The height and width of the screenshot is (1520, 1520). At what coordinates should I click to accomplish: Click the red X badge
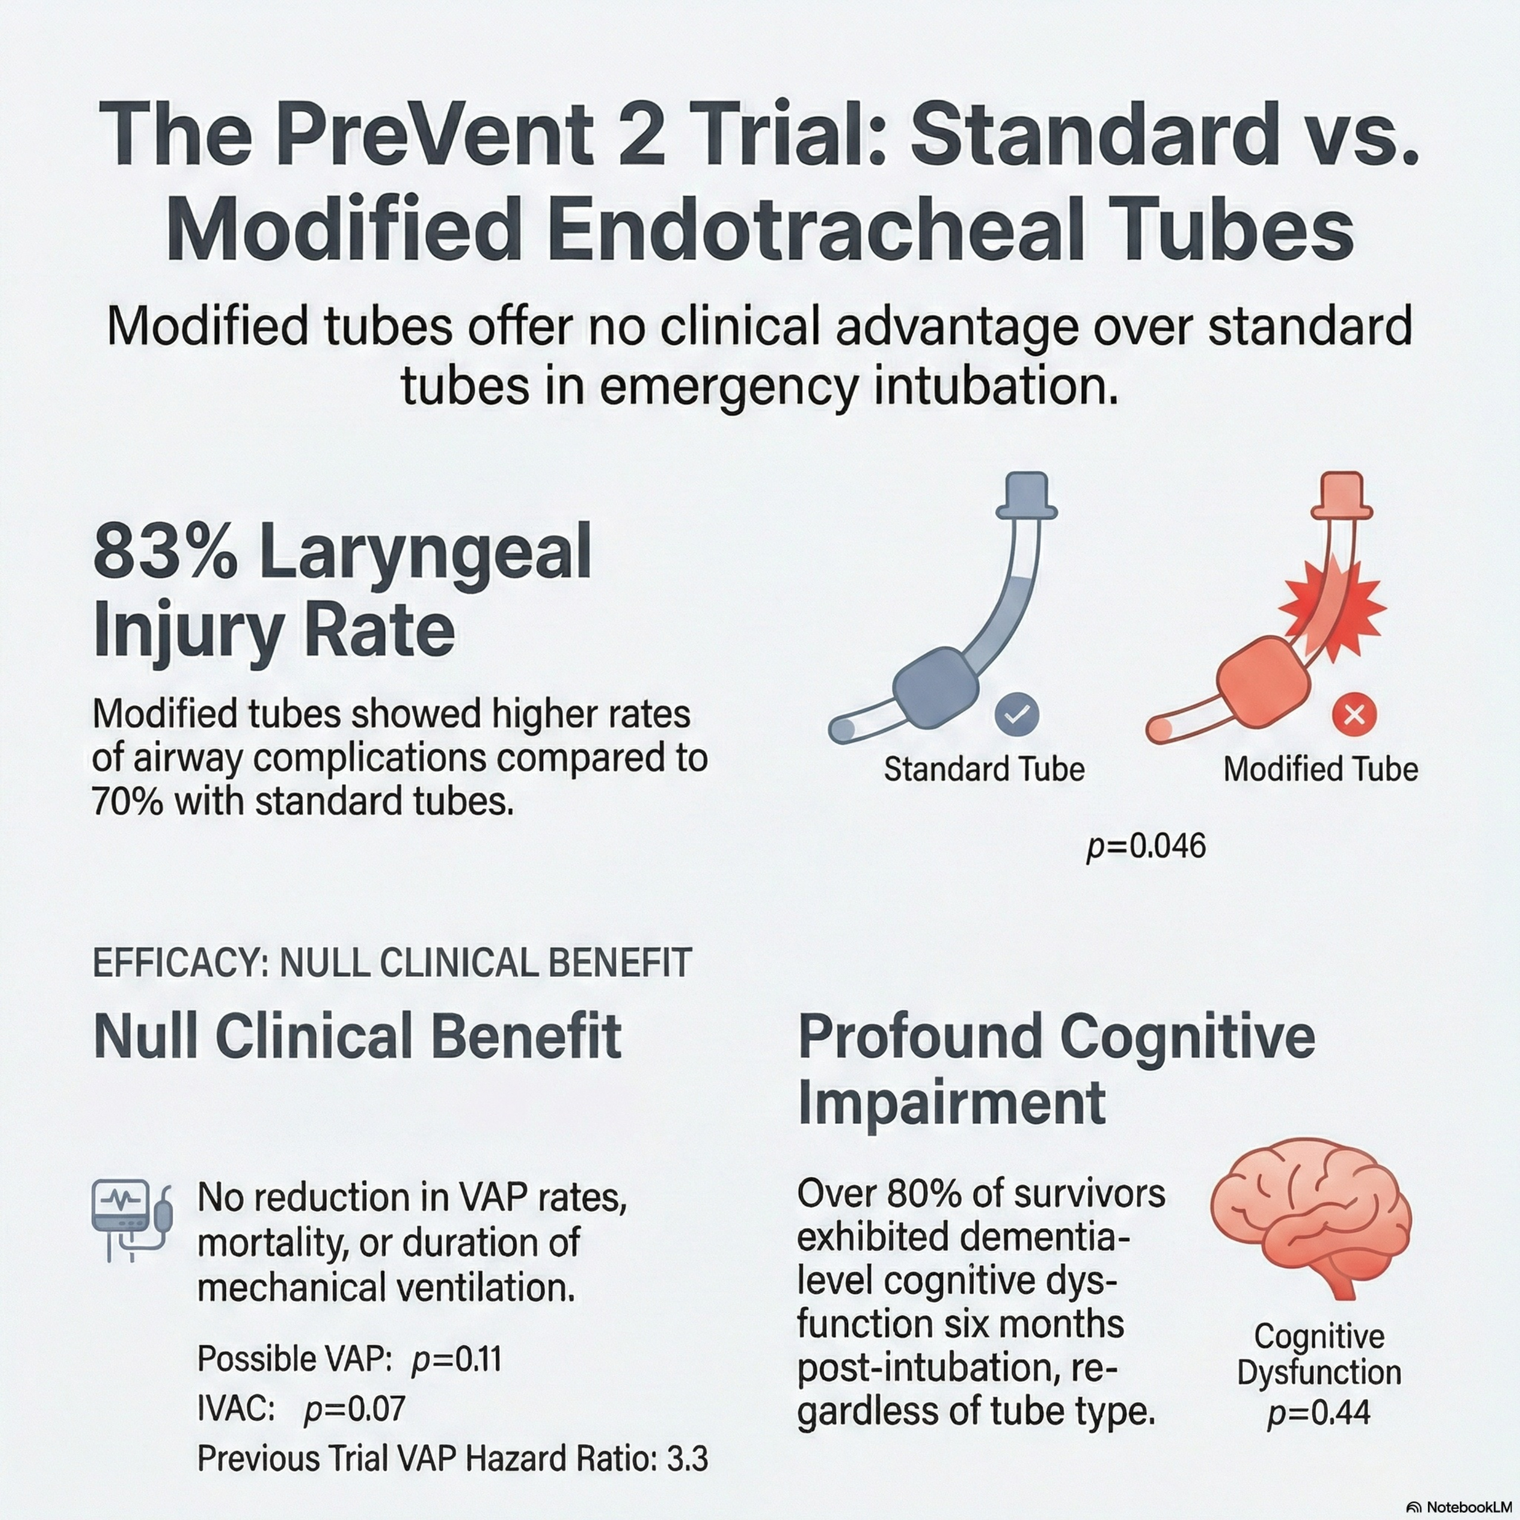1354,714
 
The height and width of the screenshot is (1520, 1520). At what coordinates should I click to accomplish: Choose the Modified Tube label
1321,769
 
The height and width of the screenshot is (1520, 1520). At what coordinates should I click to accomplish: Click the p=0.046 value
1146,847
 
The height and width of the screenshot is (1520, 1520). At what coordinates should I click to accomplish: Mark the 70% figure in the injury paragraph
126,802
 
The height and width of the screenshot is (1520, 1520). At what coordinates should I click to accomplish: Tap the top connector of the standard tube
1027,496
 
